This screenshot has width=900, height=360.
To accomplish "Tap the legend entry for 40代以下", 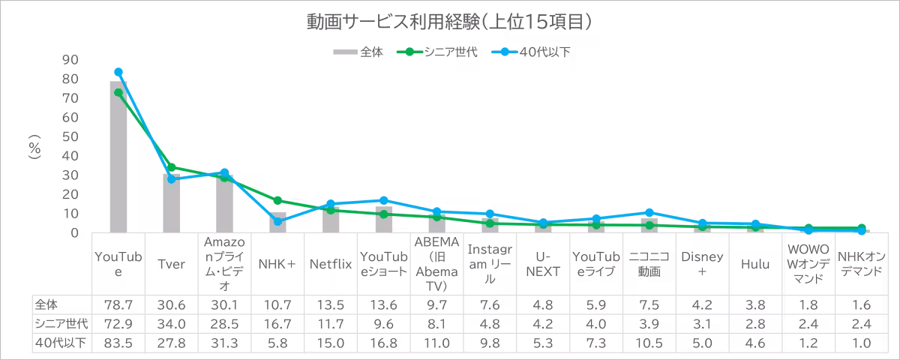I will coord(547,52).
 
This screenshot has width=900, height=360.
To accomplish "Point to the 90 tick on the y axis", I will coord(70,60).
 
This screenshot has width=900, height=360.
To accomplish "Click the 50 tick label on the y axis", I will coord(70,137).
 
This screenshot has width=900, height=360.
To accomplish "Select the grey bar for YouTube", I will coord(118,157).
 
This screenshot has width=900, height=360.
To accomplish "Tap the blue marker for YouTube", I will coord(118,72).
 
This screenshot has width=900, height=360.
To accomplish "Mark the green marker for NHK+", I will coord(278,200).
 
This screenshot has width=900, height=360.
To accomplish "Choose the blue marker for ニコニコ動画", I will coord(649,212).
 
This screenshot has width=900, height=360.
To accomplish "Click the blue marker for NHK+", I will coord(278,221).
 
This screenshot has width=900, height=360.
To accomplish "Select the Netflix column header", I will coord(331,265).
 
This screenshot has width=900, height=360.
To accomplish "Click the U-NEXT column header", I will coord(543,265).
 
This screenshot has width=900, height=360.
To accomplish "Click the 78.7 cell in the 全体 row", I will coord(118,305).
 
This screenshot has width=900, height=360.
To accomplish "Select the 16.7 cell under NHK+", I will coord(278,324).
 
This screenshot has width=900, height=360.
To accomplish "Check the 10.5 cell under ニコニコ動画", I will coord(649,342).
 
